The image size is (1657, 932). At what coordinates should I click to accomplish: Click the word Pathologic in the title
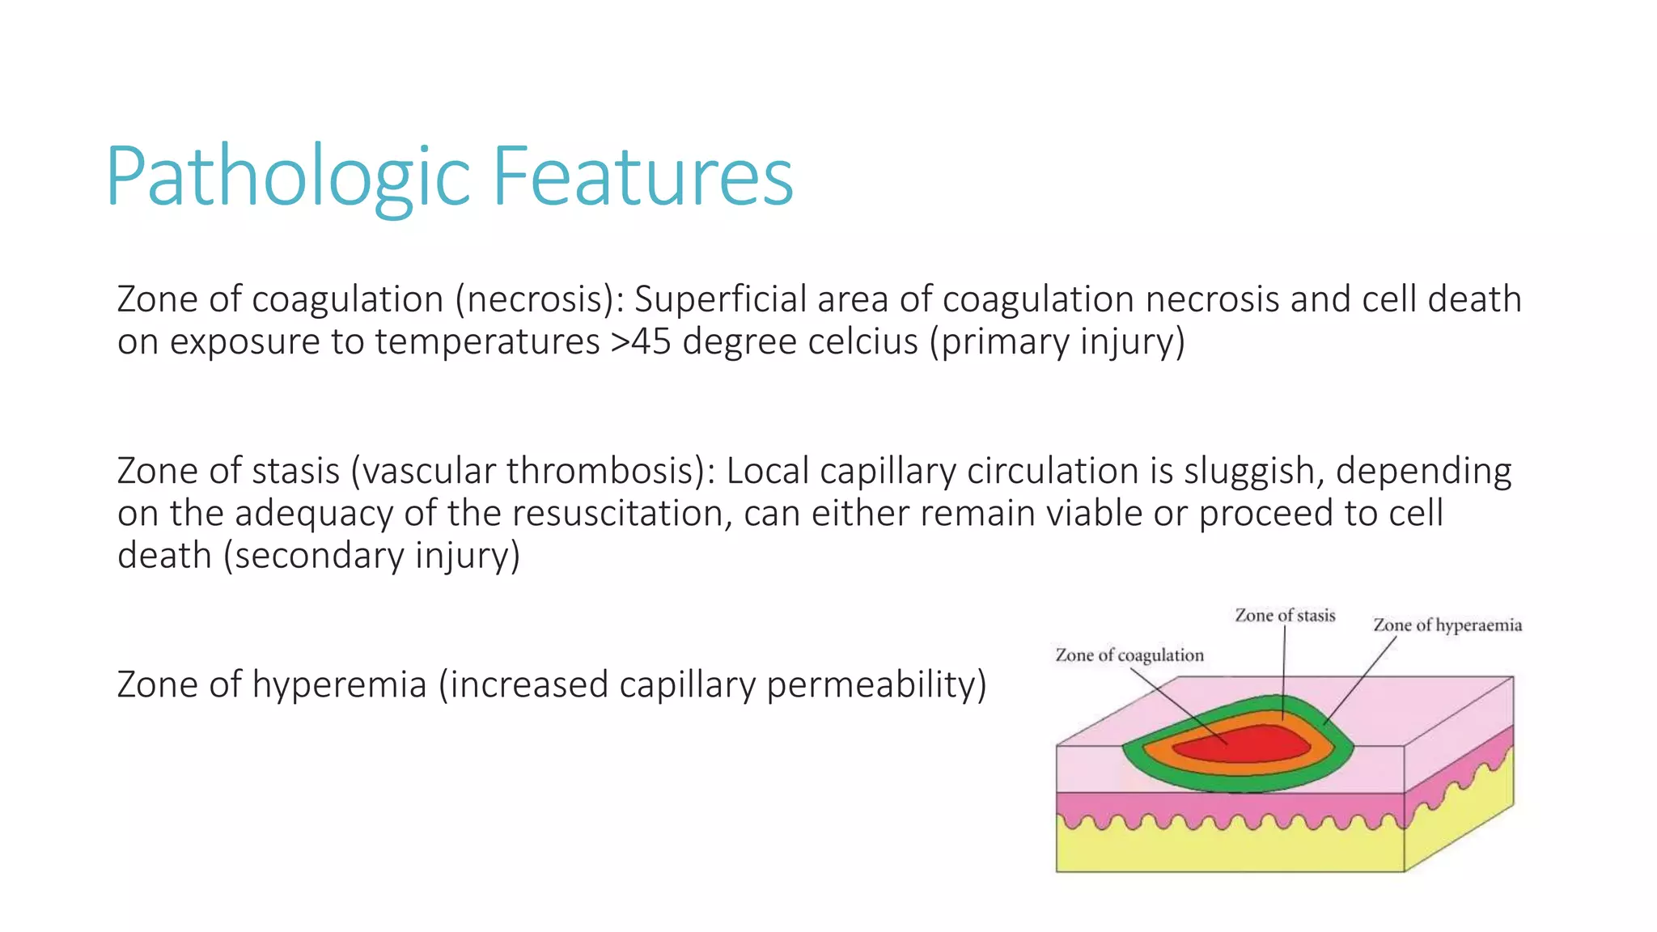[x=287, y=176]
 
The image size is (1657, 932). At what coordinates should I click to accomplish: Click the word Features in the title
[x=642, y=176]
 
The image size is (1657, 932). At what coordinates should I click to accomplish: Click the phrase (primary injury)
[x=1057, y=341]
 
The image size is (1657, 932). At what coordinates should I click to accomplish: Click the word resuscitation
[x=621, y=513]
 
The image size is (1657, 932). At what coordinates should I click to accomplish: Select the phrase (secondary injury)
[x=371, y=556]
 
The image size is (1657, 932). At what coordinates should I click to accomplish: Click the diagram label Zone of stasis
[x=1285, y=616]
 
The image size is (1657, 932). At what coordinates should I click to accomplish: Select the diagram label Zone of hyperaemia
[x=1447, y=625]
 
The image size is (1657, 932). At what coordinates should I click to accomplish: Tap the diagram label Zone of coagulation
[x=1129, y=655]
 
